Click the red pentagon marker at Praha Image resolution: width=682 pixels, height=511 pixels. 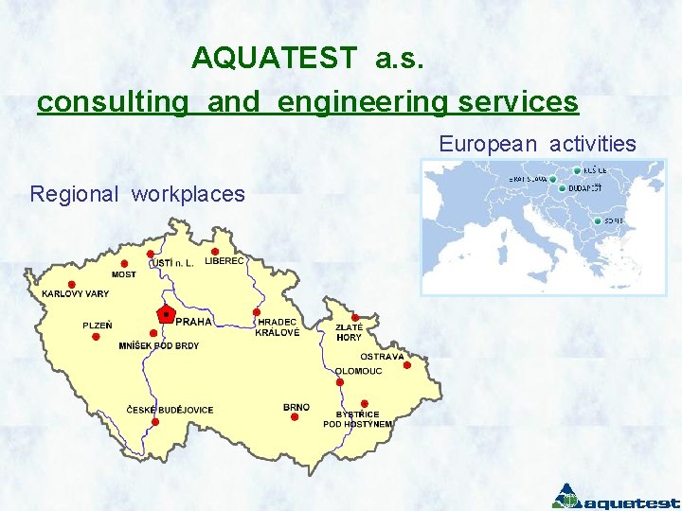pyautogui.click(x=166, y=313)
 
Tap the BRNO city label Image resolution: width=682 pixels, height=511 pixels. pyautogui.click(x=296, y=408)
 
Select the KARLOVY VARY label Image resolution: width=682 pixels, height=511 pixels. pyautogui.click(x=75, y=294)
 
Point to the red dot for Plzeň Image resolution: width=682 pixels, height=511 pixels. pyautogui.click(x=96, y=336)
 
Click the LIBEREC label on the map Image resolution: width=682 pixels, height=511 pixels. pyautogui.click(x=224, y=261)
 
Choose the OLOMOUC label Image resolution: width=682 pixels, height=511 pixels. pyautogui.click(x=359, y=371)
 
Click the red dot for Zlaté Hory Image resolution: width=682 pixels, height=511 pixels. pyautogui.click(x=355, y=318)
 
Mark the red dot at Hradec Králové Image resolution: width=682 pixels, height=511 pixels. pyautogui.click(x=257, y=312)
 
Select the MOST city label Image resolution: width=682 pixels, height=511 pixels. pyautogui.click(x=123, y=274)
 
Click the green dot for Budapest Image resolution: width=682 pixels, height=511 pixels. pyautogui.click(x=563, y=188)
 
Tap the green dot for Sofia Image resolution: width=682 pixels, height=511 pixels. pyautogui.click(x=596, y=221)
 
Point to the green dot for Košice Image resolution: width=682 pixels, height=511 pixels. pyautogui.click(x=577, y=170)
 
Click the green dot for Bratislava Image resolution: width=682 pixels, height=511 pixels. pyautogui.click(x=552, y=179)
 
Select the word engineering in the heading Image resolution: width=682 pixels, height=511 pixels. pyautogui.click(x=363, y=101)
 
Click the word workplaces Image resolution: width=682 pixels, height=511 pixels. pyautogui.click(x=188, y=195)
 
